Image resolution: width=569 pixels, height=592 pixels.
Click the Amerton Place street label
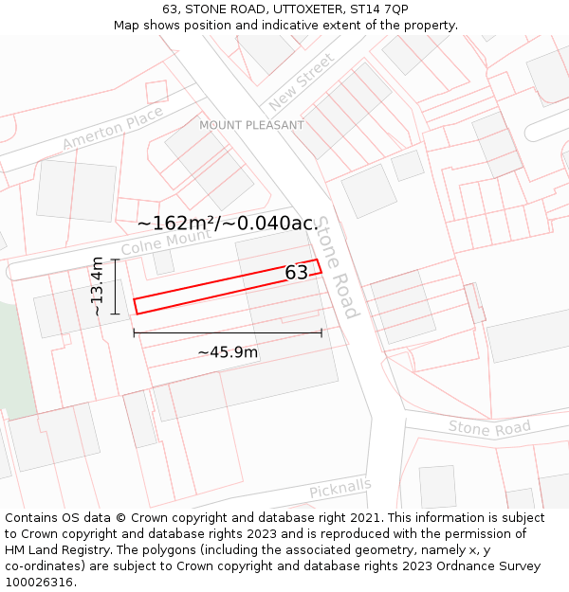[113, 128]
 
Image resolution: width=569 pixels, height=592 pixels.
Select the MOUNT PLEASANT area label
[251, 125]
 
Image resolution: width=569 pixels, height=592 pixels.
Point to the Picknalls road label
[340, 489]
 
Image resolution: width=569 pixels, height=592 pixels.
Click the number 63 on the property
[297, 273]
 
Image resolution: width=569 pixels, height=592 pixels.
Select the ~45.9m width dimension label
[228, 352]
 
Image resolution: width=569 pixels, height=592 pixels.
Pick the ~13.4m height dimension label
[97, 286]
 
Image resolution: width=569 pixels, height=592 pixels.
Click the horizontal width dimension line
[228, 332]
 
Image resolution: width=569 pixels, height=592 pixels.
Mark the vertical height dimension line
[115, 286]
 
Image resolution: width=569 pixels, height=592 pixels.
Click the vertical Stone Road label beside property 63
[339, 268]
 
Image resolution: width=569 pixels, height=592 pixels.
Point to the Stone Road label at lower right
[489, 429]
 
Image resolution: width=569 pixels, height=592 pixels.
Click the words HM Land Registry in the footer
[52, 550]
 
